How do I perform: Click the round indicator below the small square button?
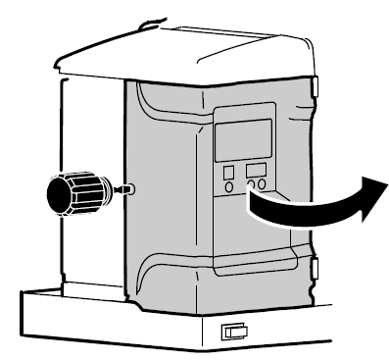pyautogui.click(x=229, y=185)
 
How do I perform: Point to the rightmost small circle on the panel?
pyautogui.click(x=264, y=183)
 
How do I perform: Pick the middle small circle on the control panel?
pyautogui.click(x=252, y=183)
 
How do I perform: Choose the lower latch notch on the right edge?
pyautogui.click(x=316, y=267)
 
